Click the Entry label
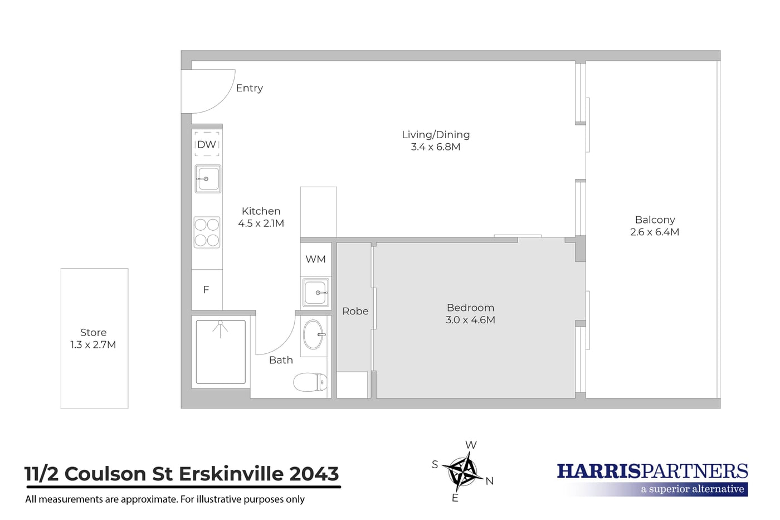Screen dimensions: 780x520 tap(250, 88)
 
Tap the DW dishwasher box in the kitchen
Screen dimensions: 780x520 tap(207, 144)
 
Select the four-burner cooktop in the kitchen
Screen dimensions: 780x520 tap(207, 232)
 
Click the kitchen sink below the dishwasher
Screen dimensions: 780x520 tap(207, 179)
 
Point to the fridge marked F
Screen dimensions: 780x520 tap(207, 289)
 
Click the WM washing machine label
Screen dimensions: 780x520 tap(315, 259)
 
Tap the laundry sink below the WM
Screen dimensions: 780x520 tap(315, 293)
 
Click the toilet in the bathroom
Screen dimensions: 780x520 tap(310, 382)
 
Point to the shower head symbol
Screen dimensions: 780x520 tap(220, 328)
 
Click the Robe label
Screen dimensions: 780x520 tap(355, 311)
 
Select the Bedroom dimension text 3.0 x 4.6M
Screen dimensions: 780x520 tap(470, 320)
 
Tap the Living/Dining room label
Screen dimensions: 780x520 tap(436, 134)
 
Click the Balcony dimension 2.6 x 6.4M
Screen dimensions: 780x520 tap(655, 232)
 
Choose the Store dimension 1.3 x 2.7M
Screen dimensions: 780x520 tap(93, 344)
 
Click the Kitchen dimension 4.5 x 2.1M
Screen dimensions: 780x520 tap(261, 223)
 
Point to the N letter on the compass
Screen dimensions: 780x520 tap(489, 481)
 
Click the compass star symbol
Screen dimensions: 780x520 tap(462, 472)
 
